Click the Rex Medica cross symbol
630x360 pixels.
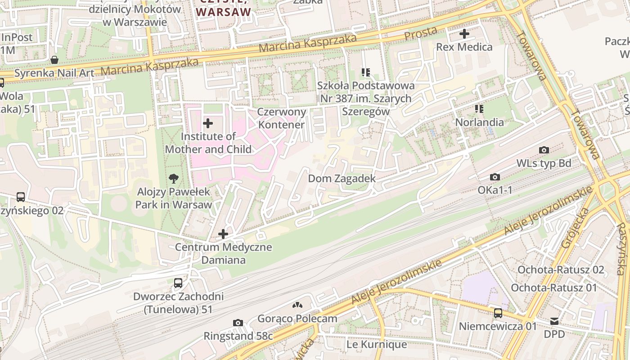click(x=464, y=34)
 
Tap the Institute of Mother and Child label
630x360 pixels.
click(x=208, y=143)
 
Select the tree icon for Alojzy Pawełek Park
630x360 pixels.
click(x=173, y=179)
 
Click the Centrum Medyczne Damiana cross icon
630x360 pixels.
click(x=223, y=234)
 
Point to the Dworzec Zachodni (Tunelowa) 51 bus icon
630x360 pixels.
click(x=178, y=283)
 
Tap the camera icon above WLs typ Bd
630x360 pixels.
click(x=544, y=150)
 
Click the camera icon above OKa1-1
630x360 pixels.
click(x=495, y=177)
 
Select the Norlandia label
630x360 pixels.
click(x=479, y=122)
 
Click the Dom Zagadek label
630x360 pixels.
click(x=342, y=179)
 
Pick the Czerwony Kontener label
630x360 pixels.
click(x=282, y=118)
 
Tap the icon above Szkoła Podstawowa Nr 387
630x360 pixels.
click(x=365, y=72)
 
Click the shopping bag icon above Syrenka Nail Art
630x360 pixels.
click(x=54, y=60)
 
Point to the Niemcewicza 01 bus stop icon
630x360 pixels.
click(x=498, y=313)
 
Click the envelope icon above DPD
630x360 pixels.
click(x=554, y=321)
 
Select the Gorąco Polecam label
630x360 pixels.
click(x=297, y=319)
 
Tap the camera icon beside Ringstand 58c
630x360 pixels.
click(x=238, y=323)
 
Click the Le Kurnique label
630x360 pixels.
click(x=376, y=345)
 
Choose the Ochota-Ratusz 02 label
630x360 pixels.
click(x=560, y=270)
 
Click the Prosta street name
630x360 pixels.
click(x=420, y=33)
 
